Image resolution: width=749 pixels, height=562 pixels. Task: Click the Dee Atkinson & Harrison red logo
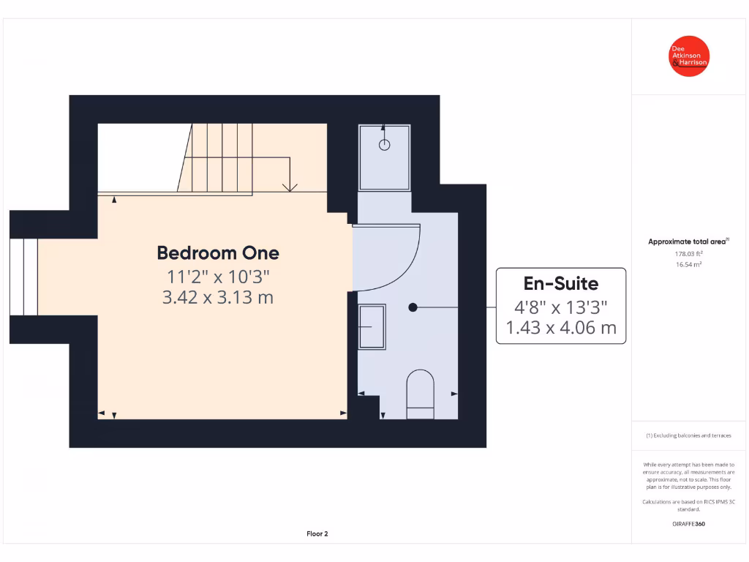690,56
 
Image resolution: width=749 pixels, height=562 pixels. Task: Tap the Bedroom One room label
218,253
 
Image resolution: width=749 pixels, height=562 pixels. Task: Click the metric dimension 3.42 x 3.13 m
218,298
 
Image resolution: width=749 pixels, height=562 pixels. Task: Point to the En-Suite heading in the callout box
560,284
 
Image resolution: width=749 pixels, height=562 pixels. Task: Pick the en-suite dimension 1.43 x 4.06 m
560,327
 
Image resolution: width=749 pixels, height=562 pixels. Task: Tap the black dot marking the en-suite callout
413,307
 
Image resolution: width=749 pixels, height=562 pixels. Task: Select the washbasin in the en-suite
372,326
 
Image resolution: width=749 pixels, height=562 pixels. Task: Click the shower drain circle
385,145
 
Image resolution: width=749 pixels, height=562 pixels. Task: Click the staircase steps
219,157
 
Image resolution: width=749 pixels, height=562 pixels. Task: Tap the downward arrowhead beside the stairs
290,187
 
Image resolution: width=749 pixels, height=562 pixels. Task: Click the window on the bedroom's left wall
24,275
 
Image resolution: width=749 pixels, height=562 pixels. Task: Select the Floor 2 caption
317,533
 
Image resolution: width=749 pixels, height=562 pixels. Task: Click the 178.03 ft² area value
688,254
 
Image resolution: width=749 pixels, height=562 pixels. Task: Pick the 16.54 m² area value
688,264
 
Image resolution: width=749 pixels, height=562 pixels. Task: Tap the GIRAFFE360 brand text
688,524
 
